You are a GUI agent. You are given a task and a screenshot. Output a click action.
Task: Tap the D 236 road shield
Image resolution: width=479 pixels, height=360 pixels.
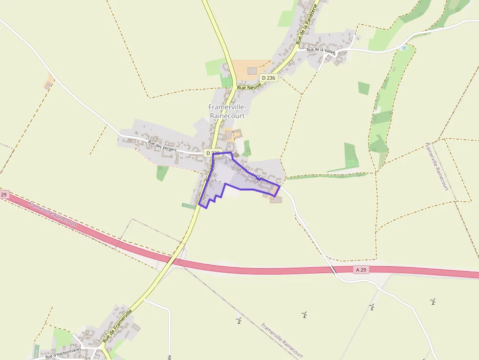click(x=268, y=78)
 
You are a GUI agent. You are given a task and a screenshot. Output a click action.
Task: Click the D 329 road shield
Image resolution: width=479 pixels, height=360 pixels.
click(x=213, y=153)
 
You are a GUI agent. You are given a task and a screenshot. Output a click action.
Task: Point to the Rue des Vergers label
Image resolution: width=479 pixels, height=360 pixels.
click(x=162, y=146)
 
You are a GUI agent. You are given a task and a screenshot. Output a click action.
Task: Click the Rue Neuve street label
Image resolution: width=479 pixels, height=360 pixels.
click(x=249, y=86)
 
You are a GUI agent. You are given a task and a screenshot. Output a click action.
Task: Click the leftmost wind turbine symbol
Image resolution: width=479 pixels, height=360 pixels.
click(x=239, y=321)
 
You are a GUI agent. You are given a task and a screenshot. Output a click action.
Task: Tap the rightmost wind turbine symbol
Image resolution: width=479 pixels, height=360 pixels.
click(x=433, y=302)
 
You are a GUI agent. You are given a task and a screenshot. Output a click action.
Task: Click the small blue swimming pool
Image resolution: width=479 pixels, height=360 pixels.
click(x=403, y=48)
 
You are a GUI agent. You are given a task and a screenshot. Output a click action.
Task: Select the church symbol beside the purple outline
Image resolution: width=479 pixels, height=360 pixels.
click(x=236, y=156)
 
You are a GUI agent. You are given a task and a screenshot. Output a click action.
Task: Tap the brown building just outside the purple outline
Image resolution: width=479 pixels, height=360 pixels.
click(x=276, y=199)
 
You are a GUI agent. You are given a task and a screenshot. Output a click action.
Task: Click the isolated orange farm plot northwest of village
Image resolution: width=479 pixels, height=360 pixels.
click(x=49, y=82)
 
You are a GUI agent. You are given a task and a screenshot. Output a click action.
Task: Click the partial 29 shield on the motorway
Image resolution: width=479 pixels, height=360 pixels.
click(x=4, y=195)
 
